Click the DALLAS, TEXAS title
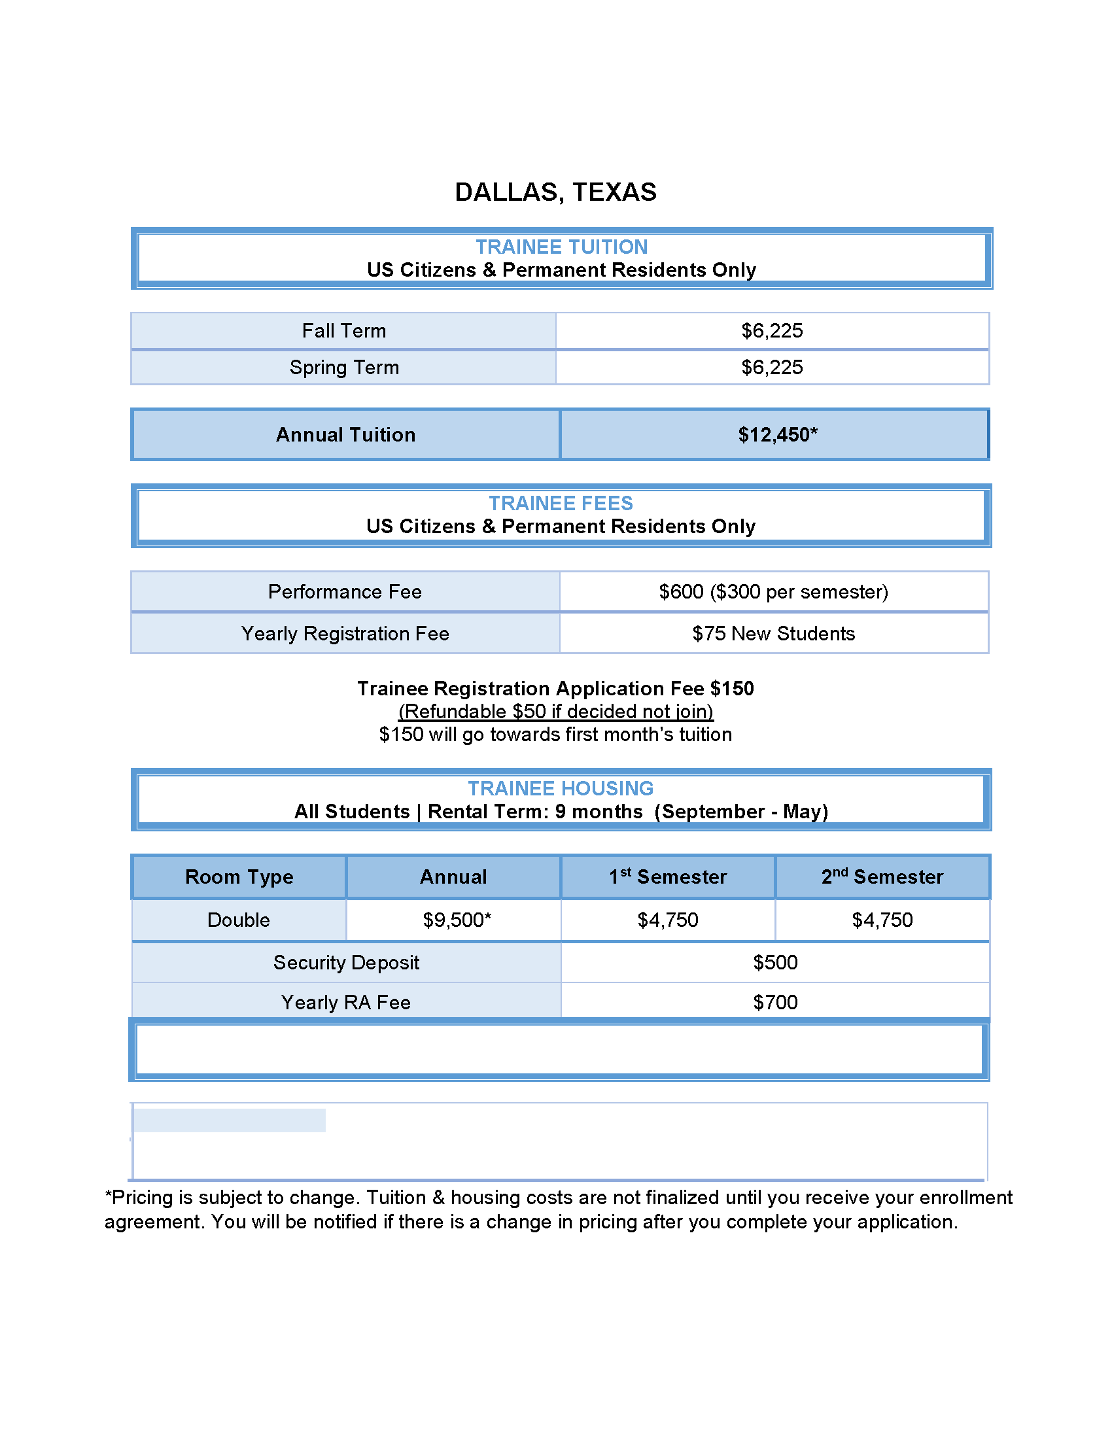555,192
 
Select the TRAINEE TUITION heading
561,247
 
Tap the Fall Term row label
344,331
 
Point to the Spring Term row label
344,368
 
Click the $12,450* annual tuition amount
777,435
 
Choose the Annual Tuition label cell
346,435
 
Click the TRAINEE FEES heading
561,504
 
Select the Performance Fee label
345,592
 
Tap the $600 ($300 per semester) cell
773,592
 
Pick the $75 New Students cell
773,634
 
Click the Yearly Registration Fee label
345,634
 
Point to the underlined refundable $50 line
555,712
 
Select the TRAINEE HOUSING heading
561,789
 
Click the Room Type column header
239,877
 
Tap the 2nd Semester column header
882,877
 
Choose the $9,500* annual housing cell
457,920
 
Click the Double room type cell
239,920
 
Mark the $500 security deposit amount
775,963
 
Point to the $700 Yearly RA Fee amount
775,1003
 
